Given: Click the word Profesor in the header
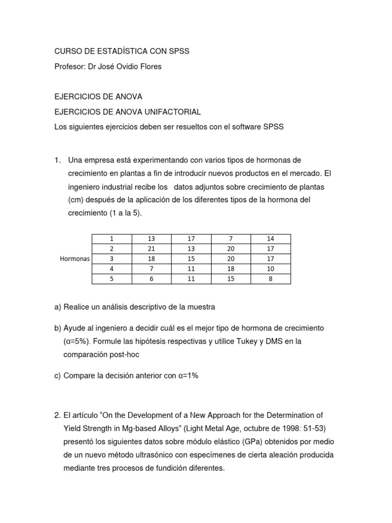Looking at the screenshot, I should click(70, 66).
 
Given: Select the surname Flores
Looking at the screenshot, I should click(149, 66).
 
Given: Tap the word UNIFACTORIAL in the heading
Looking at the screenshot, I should click(170, 111).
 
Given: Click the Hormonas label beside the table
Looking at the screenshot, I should click(75, 259).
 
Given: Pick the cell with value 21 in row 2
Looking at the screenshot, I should click(151, 249).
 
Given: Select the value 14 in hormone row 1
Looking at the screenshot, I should click(271, 239).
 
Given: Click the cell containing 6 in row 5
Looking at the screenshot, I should click(151, 279).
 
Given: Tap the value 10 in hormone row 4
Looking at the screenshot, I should click(271, 269).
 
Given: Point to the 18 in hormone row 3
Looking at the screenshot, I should click(151, 259).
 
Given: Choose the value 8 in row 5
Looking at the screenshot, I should click(271, 279).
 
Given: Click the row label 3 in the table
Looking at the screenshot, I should click(111, 259).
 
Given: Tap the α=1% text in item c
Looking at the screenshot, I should click(188, 375).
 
